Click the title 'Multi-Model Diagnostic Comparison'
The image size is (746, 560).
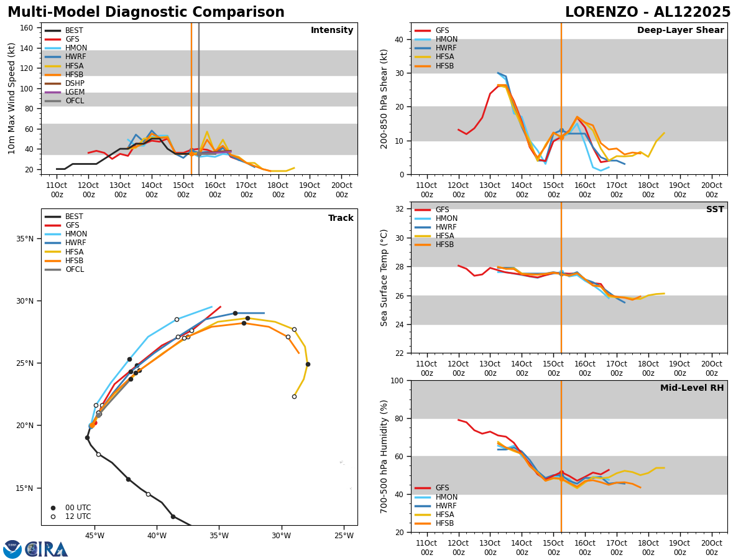coord(145,12)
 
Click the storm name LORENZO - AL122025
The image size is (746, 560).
coord(647,12)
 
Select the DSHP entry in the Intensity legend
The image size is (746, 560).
coord(75,83)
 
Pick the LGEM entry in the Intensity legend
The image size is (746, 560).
coord(75,92)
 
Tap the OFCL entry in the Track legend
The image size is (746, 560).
coord(75,269)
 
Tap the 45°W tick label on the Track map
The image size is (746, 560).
coord(94,536)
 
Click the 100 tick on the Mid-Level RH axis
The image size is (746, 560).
coord(397,380)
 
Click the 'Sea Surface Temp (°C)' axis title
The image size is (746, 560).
coord(384,278)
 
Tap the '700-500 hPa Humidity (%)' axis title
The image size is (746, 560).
coord(384,456)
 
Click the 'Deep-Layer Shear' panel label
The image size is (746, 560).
coord(680,30)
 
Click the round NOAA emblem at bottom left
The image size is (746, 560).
coord(12,549)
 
